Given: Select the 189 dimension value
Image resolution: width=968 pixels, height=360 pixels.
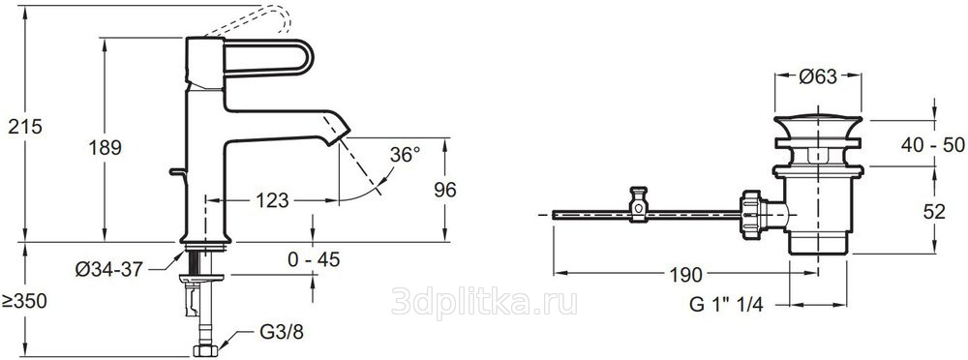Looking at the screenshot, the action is [105, 148].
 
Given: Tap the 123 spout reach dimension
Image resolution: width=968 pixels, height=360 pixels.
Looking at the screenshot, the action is [272, 200].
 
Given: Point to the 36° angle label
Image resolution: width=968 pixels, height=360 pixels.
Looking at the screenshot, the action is [405, 155].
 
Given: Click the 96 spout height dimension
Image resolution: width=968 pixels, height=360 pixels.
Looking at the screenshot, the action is [444, 191].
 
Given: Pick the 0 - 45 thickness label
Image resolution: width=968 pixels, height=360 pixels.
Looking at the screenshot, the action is [314, 260].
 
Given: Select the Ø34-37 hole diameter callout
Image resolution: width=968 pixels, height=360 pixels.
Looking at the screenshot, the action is [109, 269].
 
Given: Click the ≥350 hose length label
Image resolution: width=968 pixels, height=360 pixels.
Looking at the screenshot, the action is [24, 302].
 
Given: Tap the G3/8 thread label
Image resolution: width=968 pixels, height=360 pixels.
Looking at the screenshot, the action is [282, 332].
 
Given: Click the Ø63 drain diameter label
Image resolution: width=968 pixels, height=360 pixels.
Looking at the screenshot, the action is [818, 76].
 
